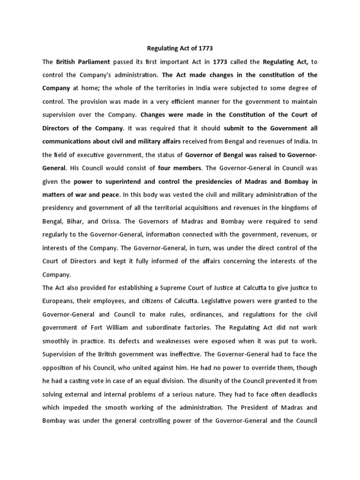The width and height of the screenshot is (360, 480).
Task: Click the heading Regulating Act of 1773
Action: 180,49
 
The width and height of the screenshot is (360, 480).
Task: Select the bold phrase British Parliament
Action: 83,61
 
